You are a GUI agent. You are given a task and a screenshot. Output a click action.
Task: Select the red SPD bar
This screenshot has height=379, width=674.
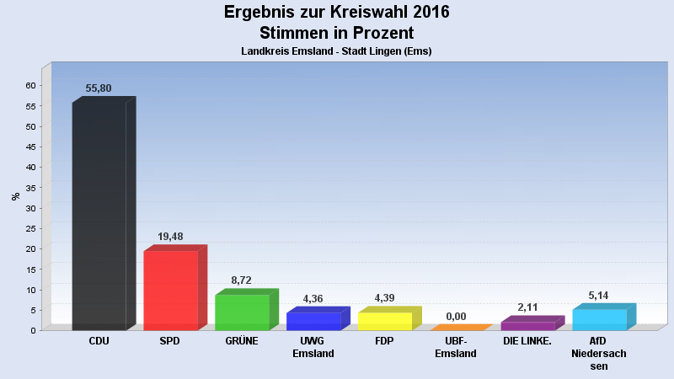pyautogui.click(x=170, y=290)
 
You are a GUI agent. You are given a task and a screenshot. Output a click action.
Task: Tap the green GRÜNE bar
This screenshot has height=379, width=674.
pyautogui.click(x=242, y=312)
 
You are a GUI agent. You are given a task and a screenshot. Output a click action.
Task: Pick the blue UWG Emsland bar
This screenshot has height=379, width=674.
pyautogui.click(x=313, y=321)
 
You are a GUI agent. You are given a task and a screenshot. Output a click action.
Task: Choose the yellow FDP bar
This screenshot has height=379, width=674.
pyautogui.click(x=385, y=321)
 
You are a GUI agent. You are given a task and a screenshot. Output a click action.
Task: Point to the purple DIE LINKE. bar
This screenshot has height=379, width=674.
pyautogui.click(x=528, y=325)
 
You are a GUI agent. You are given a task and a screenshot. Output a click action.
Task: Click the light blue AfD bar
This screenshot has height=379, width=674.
pyautogui.click(x=600, y=319)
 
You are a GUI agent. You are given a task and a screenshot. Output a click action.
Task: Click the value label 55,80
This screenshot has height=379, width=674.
pyautogui.click(x=99, y=88)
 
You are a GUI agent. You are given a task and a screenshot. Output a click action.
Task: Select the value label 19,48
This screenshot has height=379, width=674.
pyautogui.click(x=170, y=237)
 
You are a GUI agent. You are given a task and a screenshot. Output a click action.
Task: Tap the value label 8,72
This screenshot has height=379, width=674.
pyautogui.click(x=242, y=280)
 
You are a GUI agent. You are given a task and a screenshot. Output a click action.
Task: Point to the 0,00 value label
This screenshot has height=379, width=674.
pyautogui.click(x=456, y=317)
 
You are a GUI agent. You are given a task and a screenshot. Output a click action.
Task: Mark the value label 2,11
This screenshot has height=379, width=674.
pyautogui.click(x=527, y=307)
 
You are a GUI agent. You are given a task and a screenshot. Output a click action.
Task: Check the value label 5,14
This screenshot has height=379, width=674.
pyautogui.click(x=599, y=296)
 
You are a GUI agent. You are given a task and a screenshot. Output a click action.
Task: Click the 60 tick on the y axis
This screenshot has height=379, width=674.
pyautogui.click(x=30, y=86)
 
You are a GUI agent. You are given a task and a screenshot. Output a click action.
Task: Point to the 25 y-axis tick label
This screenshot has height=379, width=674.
pyautogui.click(x=30, y=228)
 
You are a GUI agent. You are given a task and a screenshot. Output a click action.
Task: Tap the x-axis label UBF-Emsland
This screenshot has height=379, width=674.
pyautogui.click(x=456, y=347)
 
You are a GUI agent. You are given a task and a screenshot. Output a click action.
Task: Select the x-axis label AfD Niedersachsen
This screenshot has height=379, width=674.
pyautogui.click(x=599, y=353)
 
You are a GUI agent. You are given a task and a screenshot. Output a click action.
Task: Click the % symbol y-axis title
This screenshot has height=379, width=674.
pyautogui.click(x=16, y=196)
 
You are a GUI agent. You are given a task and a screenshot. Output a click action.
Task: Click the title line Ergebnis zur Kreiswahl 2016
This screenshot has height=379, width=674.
pyautogui.click(x=337, y=12)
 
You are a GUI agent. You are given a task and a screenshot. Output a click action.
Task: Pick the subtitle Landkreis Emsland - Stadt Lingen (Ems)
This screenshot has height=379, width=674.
pyautogui.click(x=337, y=51)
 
